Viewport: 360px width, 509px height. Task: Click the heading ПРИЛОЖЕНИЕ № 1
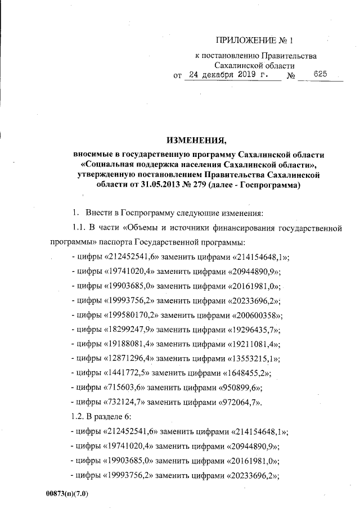click(x=255, y=41)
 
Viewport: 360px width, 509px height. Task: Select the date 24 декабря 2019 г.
click(x=232, y=75)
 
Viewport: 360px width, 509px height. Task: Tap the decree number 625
click(x=320, y=75)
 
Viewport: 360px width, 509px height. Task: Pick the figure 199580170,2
click(x=130, y=315)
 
